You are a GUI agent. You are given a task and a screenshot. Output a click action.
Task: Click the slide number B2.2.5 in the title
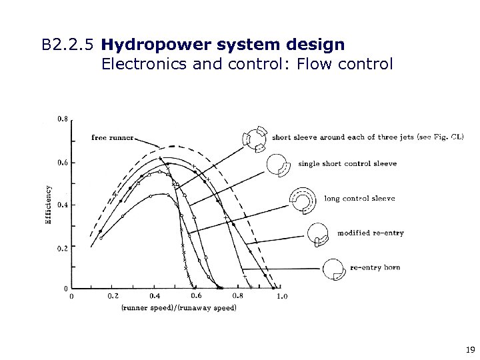(x=67, y=46)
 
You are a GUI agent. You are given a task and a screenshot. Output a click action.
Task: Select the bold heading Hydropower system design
(x=223, y=45)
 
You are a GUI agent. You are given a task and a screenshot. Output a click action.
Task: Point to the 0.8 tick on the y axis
(x=61, y=119)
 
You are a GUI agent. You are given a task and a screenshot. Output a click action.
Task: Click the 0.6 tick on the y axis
(x=61, y=162)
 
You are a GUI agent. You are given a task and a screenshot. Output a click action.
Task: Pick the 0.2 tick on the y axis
(x=61, y=248)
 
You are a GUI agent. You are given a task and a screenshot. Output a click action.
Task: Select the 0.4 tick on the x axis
(x=155, y=296)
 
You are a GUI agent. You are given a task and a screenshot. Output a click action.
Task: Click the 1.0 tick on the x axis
(x=281, y=296)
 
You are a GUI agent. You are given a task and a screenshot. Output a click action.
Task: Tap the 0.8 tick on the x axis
(x=238, y=296)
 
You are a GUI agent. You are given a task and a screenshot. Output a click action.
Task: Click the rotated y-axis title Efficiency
(x=49, y=204)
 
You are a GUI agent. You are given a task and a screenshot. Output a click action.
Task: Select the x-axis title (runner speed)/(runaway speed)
(x=179, y=307)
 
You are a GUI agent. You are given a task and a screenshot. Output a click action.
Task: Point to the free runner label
(x=112, y=138)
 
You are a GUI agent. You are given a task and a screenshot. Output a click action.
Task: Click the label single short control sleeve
(x=347, y=163)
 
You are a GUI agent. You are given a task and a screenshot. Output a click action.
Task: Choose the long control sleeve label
(x=359, y=198)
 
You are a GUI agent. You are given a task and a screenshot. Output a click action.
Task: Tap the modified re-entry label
(x=370, y=233)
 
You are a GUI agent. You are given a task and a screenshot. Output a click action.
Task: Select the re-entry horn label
(x=375, y=267)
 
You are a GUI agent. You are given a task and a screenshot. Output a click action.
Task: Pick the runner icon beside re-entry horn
(x=333, y=268)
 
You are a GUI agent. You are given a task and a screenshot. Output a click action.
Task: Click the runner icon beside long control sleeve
(x=302, y=198)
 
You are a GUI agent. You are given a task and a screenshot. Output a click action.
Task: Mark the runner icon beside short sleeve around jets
(x=254, y=137)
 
